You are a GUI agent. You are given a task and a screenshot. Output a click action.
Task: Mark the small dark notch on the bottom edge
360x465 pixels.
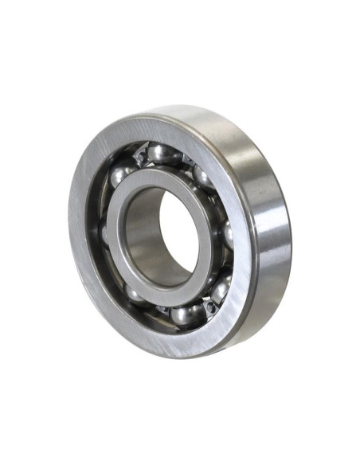[x=185, y=356]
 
